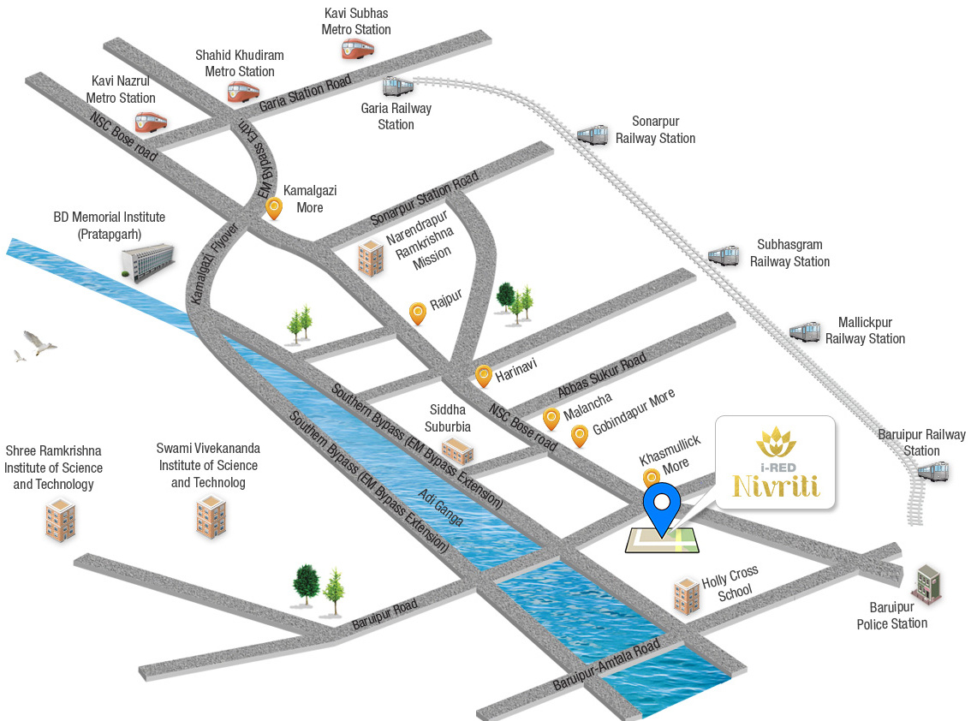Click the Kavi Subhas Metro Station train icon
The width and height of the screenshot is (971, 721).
357,49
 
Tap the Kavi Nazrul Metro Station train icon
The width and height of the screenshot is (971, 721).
151,122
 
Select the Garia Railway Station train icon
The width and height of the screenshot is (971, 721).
397,86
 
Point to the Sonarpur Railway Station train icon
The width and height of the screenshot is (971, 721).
593,134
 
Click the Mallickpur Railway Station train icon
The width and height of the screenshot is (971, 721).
805,331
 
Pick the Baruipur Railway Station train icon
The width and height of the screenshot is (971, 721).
932,470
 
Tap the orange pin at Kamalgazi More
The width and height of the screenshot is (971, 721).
274,207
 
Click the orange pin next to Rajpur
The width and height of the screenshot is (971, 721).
418,313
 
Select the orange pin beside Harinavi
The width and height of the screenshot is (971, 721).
484,375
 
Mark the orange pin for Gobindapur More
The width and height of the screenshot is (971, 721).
580,435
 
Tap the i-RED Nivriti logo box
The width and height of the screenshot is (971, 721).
775,462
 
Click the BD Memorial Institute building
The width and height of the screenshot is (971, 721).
147,259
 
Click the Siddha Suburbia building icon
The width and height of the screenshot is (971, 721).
457,450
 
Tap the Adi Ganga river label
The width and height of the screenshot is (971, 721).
441,507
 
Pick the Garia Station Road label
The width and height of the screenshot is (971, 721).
306,93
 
